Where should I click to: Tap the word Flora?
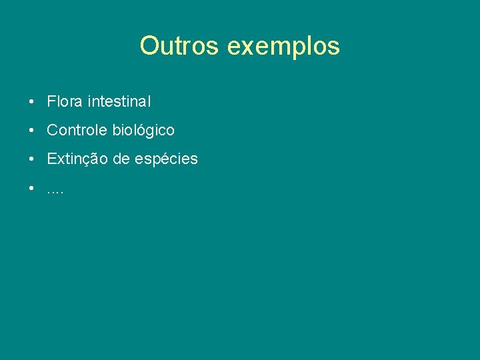(x=65, y=102)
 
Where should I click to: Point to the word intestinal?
(x=119, y=102)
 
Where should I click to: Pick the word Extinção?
(x=77, y=159)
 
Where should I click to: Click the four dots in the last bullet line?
(x=55, y=191)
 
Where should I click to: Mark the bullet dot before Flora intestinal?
(x=32, y=103)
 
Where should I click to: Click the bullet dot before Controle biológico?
(x=32, y=131)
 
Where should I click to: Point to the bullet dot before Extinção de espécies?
(x=32, y=159)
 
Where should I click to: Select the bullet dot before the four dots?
(x=32, y=188)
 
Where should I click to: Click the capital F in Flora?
(x=51, y=102)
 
